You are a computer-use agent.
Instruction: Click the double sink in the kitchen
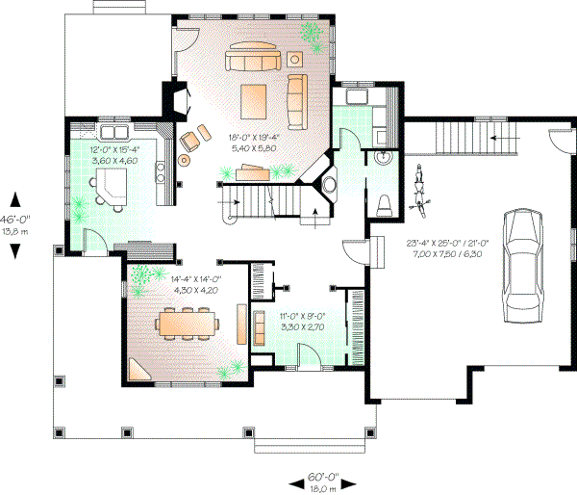(x=115, y=131)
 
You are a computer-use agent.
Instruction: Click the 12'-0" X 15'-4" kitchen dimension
(x=114, y=150)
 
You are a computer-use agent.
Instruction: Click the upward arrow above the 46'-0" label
(x=16, y=199)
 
